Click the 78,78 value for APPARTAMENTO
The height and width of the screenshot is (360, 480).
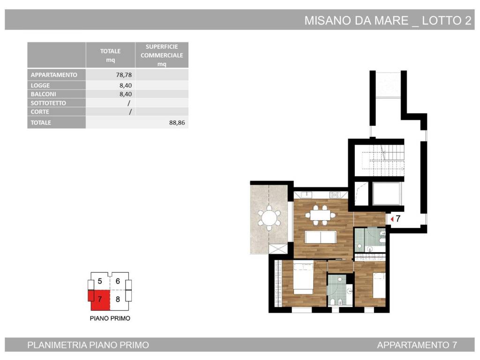124,75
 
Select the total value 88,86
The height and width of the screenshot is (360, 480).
177,123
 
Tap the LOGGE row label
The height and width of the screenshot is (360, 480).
40,85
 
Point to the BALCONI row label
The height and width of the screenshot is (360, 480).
43,94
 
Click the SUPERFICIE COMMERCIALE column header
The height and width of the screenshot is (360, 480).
162,55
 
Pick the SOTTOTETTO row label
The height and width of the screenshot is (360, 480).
48,103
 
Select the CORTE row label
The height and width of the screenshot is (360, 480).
40,112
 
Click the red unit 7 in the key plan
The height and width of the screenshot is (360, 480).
100,299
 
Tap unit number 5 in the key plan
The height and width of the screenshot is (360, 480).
100,281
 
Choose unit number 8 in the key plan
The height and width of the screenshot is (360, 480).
118,299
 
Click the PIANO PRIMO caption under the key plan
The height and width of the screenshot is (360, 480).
110,318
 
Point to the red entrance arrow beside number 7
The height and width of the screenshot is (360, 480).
392,219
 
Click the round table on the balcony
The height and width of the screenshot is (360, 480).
269,218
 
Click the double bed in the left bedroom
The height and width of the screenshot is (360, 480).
303,277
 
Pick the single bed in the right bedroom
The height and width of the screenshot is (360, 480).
379,285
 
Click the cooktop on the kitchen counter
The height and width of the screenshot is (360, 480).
335,195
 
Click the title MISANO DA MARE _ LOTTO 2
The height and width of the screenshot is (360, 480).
388,21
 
